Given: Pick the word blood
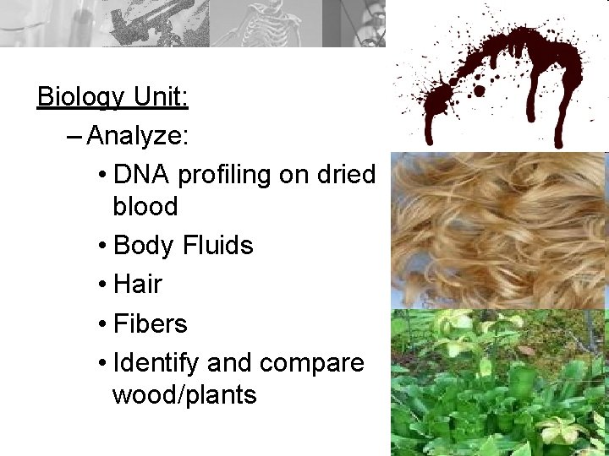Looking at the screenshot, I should click(145, 206).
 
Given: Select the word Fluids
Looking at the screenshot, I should click(217, 246).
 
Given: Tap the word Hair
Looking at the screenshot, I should click(137, 285).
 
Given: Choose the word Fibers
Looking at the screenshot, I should click(150, 323).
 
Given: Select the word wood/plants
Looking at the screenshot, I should click(184, 394).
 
